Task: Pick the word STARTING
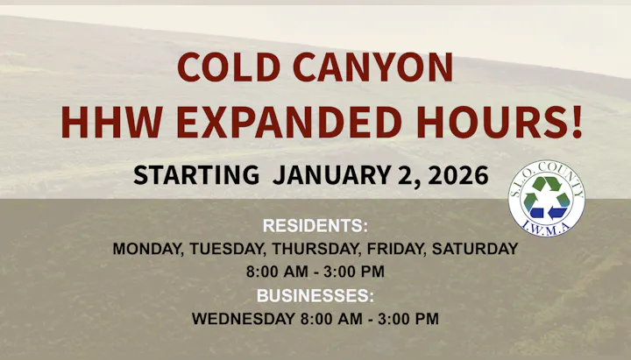[196, 174]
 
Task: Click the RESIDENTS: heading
[315, 225]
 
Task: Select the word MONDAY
[146, 249]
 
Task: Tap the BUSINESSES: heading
[315, 295]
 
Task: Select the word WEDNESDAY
[244, 319]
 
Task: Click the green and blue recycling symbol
[547, 199]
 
